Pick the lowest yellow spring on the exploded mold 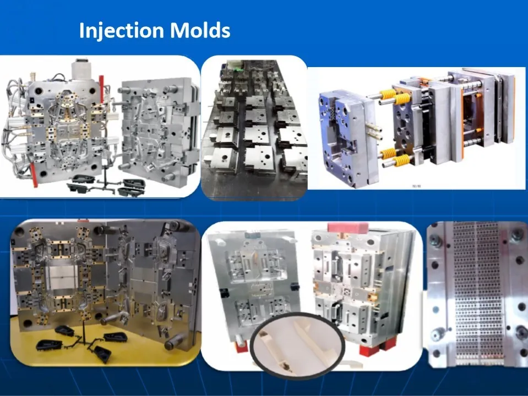pos(401,161)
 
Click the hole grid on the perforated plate pos(475,291)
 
